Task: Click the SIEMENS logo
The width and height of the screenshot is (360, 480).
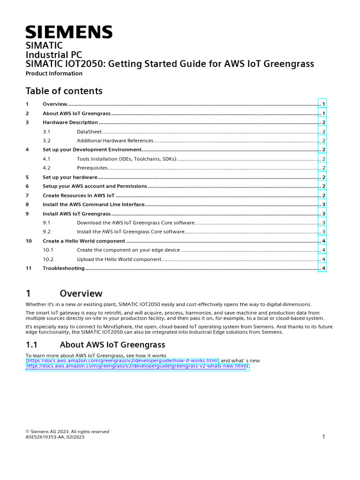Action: click(69, 32)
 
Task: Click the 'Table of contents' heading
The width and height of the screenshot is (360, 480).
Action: click(64, 91)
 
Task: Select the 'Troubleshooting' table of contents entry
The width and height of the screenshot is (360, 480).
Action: click(64, 268)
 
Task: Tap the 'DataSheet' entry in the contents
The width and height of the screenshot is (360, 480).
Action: click(89, 132)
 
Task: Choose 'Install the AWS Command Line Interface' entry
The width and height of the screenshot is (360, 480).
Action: click(93, 204)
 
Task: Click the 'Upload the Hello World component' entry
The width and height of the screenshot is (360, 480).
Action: click(119, 259)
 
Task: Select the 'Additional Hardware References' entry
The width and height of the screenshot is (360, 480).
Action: click(115, 141)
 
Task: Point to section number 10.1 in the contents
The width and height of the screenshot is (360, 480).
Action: click(48, 250)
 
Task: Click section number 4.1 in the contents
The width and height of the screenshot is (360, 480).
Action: click(46, 159)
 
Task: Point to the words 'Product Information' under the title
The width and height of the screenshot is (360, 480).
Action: click(54, 74)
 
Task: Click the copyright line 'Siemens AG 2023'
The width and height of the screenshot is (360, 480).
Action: click(67, 432)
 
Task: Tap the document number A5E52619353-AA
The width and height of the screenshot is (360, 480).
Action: click(45, 437)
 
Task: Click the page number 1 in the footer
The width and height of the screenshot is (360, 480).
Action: click(323, 437)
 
